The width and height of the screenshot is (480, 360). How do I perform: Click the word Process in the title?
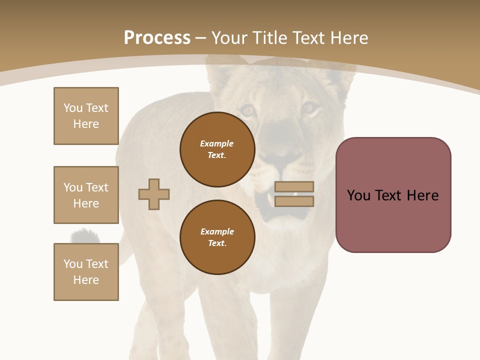click(x=157, y=38)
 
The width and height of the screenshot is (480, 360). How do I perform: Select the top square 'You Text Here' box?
click(x=86, y=116)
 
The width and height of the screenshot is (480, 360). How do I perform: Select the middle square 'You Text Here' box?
click(x=86, y=195)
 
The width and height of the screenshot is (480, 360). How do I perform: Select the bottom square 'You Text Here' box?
click(x=86, y=272)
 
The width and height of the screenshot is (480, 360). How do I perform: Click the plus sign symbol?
click(x=154, y=194)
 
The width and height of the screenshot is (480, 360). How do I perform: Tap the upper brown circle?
click(x=217, y=149)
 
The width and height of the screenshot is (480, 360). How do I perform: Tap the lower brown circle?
click(x=217, y=237)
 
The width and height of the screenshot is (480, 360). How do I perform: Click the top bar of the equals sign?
click(x=294, y=186)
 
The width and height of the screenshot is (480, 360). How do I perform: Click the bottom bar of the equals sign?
click(x=294, y=201)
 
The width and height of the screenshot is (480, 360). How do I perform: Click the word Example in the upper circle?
click(x=217, y=143)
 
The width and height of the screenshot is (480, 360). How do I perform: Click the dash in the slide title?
click(x=200, y=38)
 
